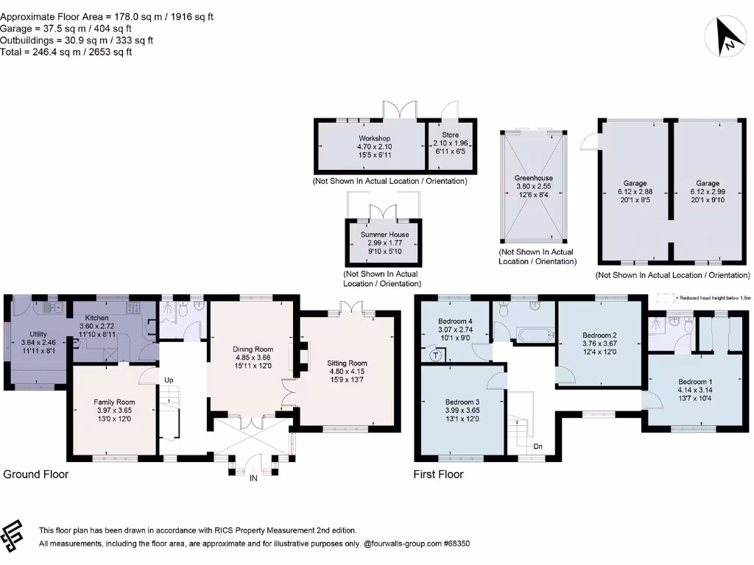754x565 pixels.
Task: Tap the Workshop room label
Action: pos(374,138)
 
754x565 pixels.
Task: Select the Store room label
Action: pos(451,135)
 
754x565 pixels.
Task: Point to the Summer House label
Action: pos(384,235)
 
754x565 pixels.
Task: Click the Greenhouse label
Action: pos(533,178)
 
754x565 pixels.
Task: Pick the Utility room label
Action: pos(38,334)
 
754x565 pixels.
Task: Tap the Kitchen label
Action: pos(96,318)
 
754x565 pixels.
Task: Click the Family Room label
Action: pos(114,402)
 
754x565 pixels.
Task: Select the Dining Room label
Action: pos(253,349)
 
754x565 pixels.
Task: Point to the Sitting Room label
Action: pos(347,363)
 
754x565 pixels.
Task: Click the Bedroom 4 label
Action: pos(455,321)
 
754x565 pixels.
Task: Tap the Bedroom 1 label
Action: pos(695,382)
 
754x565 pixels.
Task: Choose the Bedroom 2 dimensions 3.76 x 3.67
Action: pos(599,344)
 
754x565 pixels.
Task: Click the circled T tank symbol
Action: pos(436,355)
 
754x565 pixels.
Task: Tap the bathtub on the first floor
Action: pos(534,335)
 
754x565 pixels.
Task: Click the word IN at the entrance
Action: pos(253,478)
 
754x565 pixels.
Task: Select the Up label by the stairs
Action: pos(169,380)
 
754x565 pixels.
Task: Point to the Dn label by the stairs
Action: pos(538,447)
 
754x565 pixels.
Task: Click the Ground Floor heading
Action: pos(35,475)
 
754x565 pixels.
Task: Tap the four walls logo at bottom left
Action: pos(12,536)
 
